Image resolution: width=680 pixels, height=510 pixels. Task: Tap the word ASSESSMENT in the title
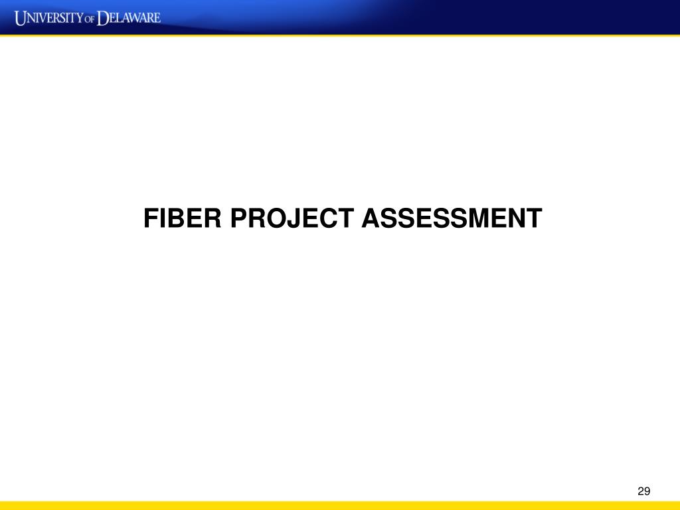tap(452, 218)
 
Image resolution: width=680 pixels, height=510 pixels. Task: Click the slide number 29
tap(643, 491)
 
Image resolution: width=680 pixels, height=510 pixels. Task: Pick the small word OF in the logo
tap(90, 19)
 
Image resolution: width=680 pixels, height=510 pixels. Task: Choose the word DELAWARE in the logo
tap(129, 17)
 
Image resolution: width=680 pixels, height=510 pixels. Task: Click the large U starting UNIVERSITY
tap(22, 17)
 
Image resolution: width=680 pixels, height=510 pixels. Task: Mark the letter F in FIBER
tap(151, 218)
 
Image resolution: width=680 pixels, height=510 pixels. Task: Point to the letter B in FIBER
tap(175, 218)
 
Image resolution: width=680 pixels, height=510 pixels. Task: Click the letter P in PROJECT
tap(238, 218)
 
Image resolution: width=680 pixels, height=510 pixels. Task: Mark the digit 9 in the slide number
tap(646, 491)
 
